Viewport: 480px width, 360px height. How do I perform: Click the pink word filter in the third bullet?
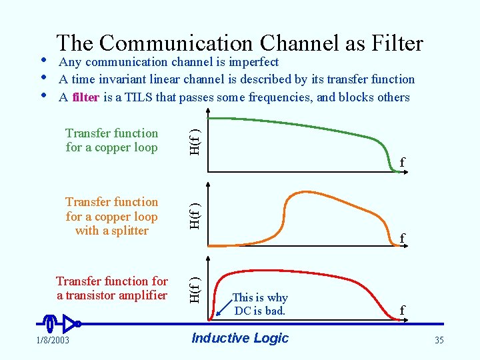tap(86, 97)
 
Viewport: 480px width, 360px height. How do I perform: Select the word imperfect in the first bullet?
tap(248, 62)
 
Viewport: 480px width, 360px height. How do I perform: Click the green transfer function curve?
tap(300, 123)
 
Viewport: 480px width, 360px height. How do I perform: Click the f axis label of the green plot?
tap(402, 162)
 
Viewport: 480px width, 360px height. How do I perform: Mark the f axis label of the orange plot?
tap(402, 237)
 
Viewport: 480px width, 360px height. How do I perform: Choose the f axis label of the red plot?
tap(402, 310)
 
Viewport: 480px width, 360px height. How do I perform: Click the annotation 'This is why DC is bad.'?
tap(259, 304)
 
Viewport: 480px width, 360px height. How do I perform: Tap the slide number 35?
tap(439, 341)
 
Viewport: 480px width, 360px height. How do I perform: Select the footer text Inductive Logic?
tap(240, 338)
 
